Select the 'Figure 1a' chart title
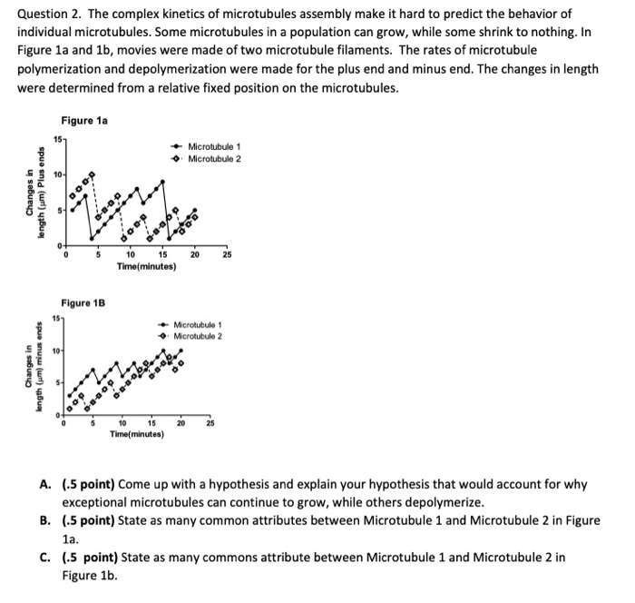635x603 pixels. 84,121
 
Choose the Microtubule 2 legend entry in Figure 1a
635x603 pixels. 214,159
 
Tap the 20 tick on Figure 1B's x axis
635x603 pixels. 181,424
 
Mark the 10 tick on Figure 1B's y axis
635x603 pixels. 54,350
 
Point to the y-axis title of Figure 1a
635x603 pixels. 33,193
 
